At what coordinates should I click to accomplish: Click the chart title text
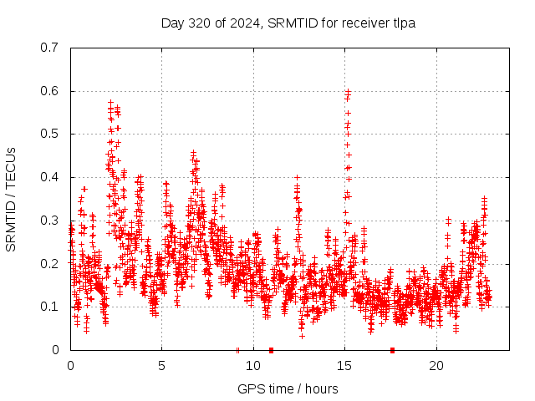(x=288, y=23)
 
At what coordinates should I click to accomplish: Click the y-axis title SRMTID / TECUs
(x=11, y=199)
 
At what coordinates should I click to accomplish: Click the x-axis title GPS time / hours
(x=288, y=388)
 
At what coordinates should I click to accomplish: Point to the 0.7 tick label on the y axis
(x=49, y=48)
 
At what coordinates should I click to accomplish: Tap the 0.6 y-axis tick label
(x=49, y=91)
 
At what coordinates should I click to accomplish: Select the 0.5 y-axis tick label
(x=49, y=134)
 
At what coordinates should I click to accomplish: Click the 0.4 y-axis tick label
(x=49, y=177)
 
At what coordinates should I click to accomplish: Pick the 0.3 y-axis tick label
(x=49, y=221)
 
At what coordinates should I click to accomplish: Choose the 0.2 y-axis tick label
(x=49, y=264)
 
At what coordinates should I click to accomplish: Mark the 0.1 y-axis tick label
(x=49, y=307)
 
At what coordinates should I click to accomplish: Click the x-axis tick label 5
(x=162, y=366)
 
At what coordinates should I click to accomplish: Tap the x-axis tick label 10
(x=253, y=366)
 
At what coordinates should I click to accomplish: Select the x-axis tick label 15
(x=344, y=366)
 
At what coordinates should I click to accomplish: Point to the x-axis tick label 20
(x=436, y=366)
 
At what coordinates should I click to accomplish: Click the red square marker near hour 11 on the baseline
(x=271, y=350)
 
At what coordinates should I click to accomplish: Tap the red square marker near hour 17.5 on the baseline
(x=392, y=350)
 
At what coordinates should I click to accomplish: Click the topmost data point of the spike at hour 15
(x=348, y=90)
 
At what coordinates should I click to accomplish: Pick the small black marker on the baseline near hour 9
(x=237, y=350)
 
